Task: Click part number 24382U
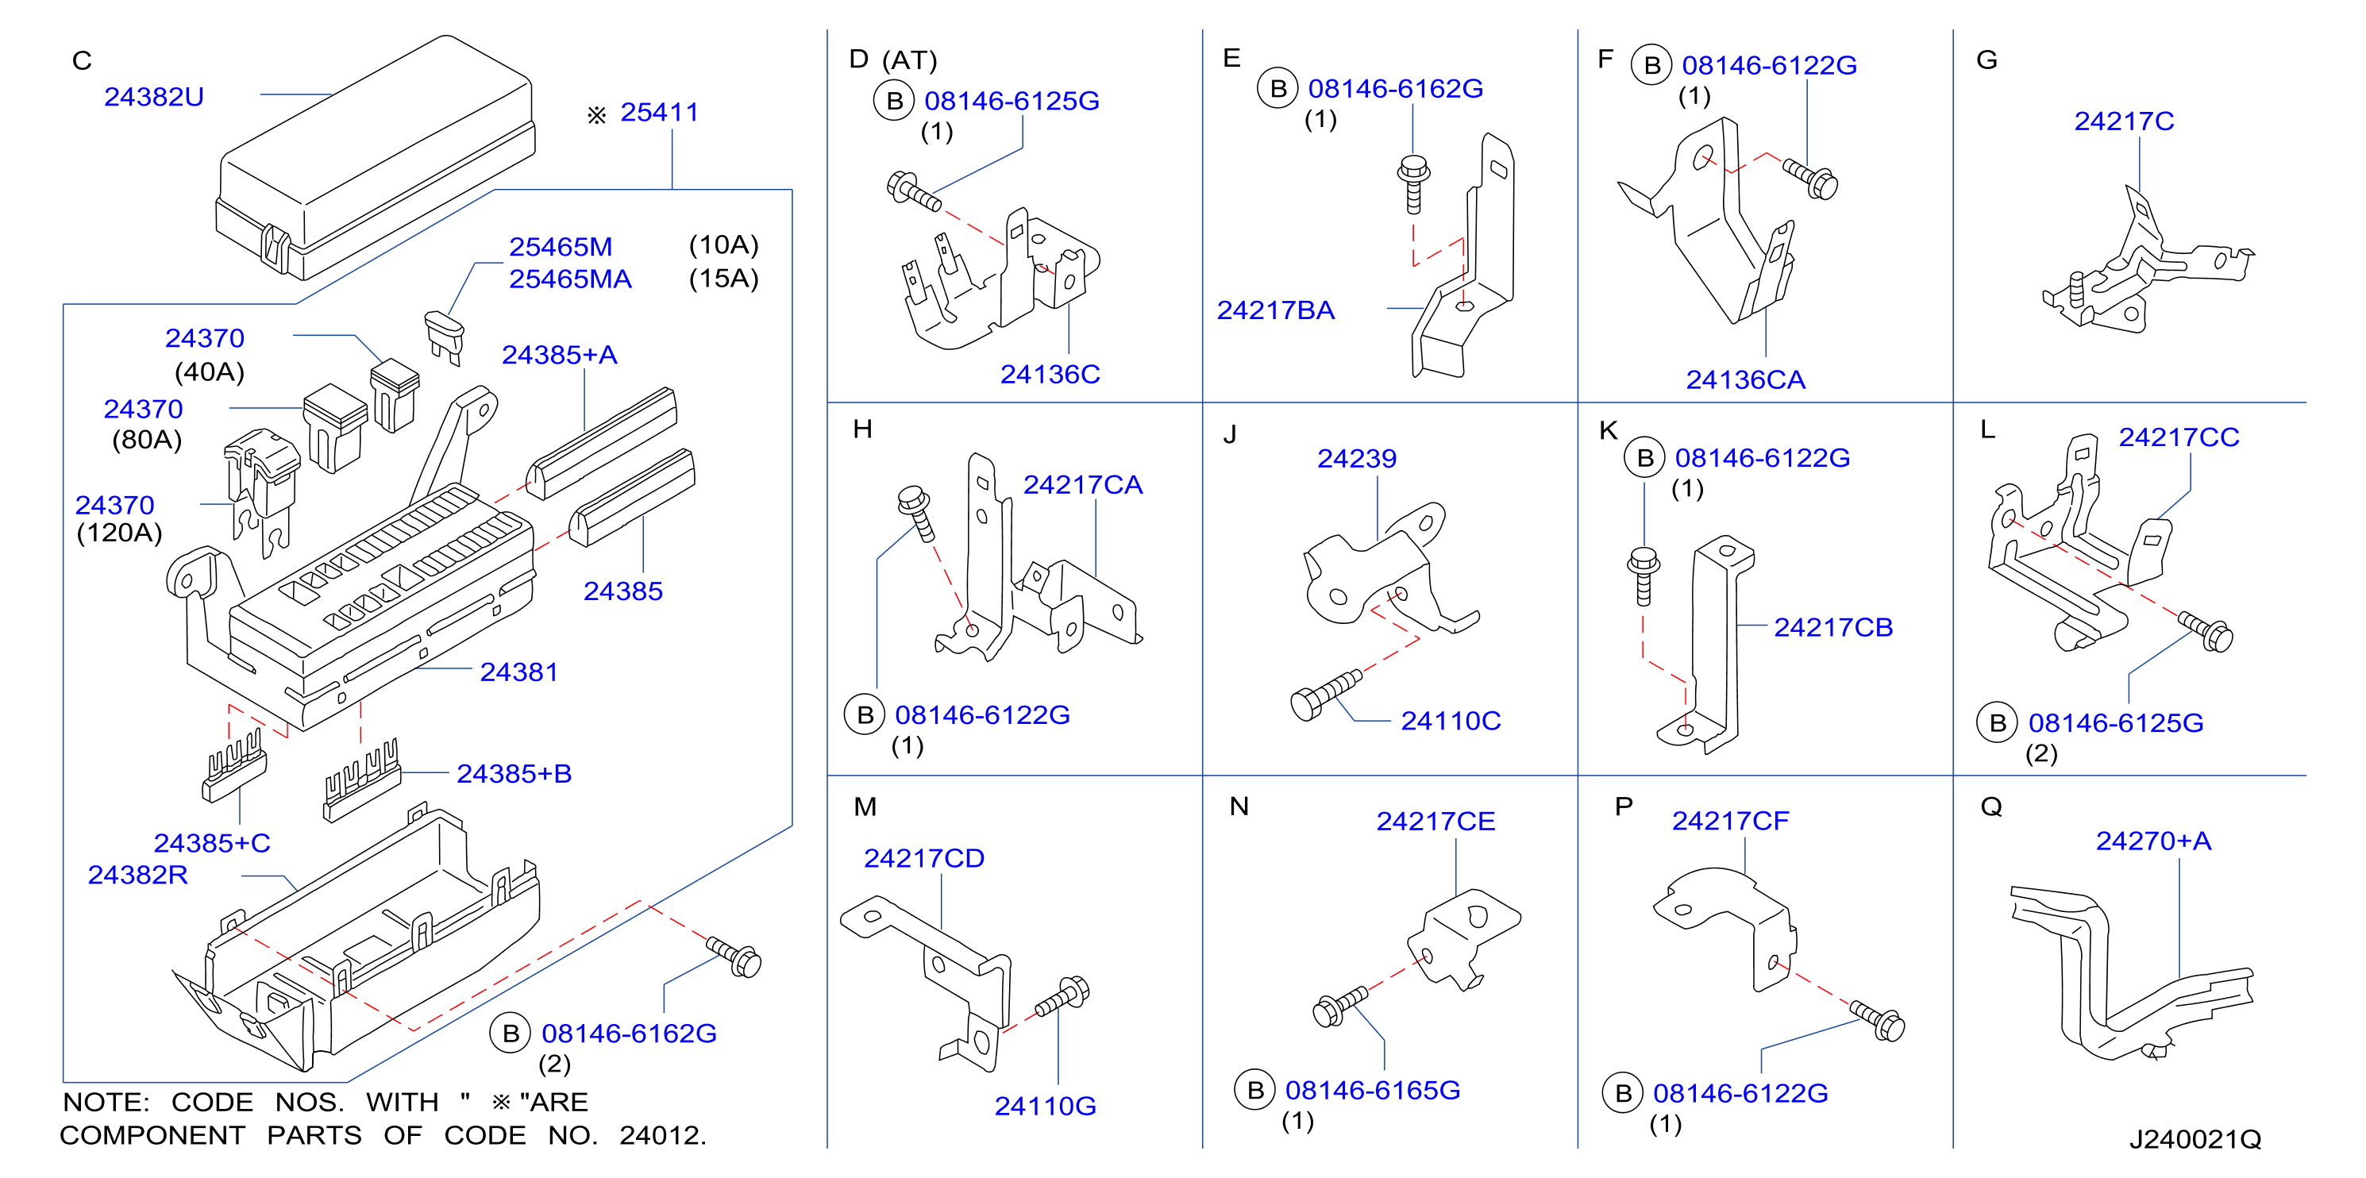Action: point(154,96)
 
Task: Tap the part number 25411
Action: point(660,112)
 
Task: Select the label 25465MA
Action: point(570,279)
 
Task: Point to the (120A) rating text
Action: point(119,533)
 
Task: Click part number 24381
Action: point(519,672)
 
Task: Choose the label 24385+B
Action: point(514,774)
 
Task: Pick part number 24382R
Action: point(138,875)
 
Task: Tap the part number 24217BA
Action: point(1276,310)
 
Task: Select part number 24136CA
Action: point(1745,380)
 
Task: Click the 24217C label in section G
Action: point(2125,121)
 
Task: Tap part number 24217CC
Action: point(2179,437)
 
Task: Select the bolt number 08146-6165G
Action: point(1372,1090)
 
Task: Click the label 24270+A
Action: point(2153,841)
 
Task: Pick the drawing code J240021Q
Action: point(2195,1139)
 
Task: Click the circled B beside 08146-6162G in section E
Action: point(1277,89)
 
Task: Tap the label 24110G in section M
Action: point(1045,1107)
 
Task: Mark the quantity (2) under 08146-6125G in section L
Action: point(2040,754)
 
